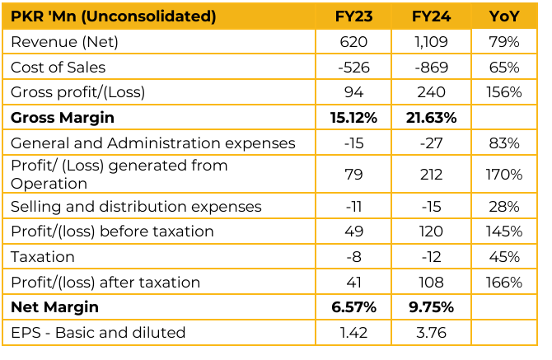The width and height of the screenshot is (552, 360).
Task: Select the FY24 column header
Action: tap(430, 16)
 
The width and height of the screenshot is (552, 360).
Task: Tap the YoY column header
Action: tap(503, 16)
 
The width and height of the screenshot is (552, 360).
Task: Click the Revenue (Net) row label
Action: tap(64, 41)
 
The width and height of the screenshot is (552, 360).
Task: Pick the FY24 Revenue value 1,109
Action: tap(430, 41)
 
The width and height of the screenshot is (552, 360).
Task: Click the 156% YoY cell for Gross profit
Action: tap(503, 92)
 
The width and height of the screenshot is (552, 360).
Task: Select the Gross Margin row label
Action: tap(63, 118)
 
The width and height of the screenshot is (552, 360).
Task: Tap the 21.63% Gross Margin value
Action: tap(430, 118)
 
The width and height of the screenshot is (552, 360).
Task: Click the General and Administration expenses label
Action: tap(152, 143)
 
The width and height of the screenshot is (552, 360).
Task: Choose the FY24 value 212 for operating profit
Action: tap(430, 175)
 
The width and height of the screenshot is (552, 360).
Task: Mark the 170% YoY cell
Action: tap(503, 175)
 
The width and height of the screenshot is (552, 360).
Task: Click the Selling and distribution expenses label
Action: tap(136, 206)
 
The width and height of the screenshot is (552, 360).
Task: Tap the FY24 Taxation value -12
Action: tap(430, 257)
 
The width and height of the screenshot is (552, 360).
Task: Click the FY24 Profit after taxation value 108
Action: tap(430, 283)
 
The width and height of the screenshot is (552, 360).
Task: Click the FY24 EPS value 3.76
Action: tap(430, 333)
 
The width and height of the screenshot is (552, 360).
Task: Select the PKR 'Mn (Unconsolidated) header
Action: tap(114, 16)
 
